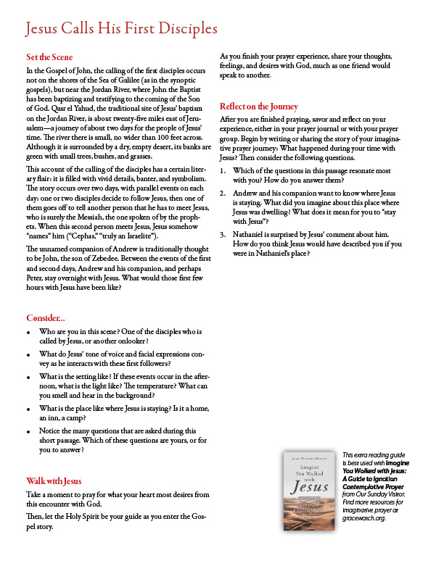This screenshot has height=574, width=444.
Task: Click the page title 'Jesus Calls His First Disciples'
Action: click(x=121, y=29)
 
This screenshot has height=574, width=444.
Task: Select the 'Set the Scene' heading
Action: click(x=49, y=57)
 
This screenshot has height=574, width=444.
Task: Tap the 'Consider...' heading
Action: click(x=46, y=318)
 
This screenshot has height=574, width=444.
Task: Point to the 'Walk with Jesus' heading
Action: click(x=54, y=481)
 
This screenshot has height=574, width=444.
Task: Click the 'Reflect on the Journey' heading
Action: click(x=259, y=107)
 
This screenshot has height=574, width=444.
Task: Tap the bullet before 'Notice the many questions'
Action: click(x=28, y=431)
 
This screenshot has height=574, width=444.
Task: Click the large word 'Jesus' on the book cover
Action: click(x=310, y=488)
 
